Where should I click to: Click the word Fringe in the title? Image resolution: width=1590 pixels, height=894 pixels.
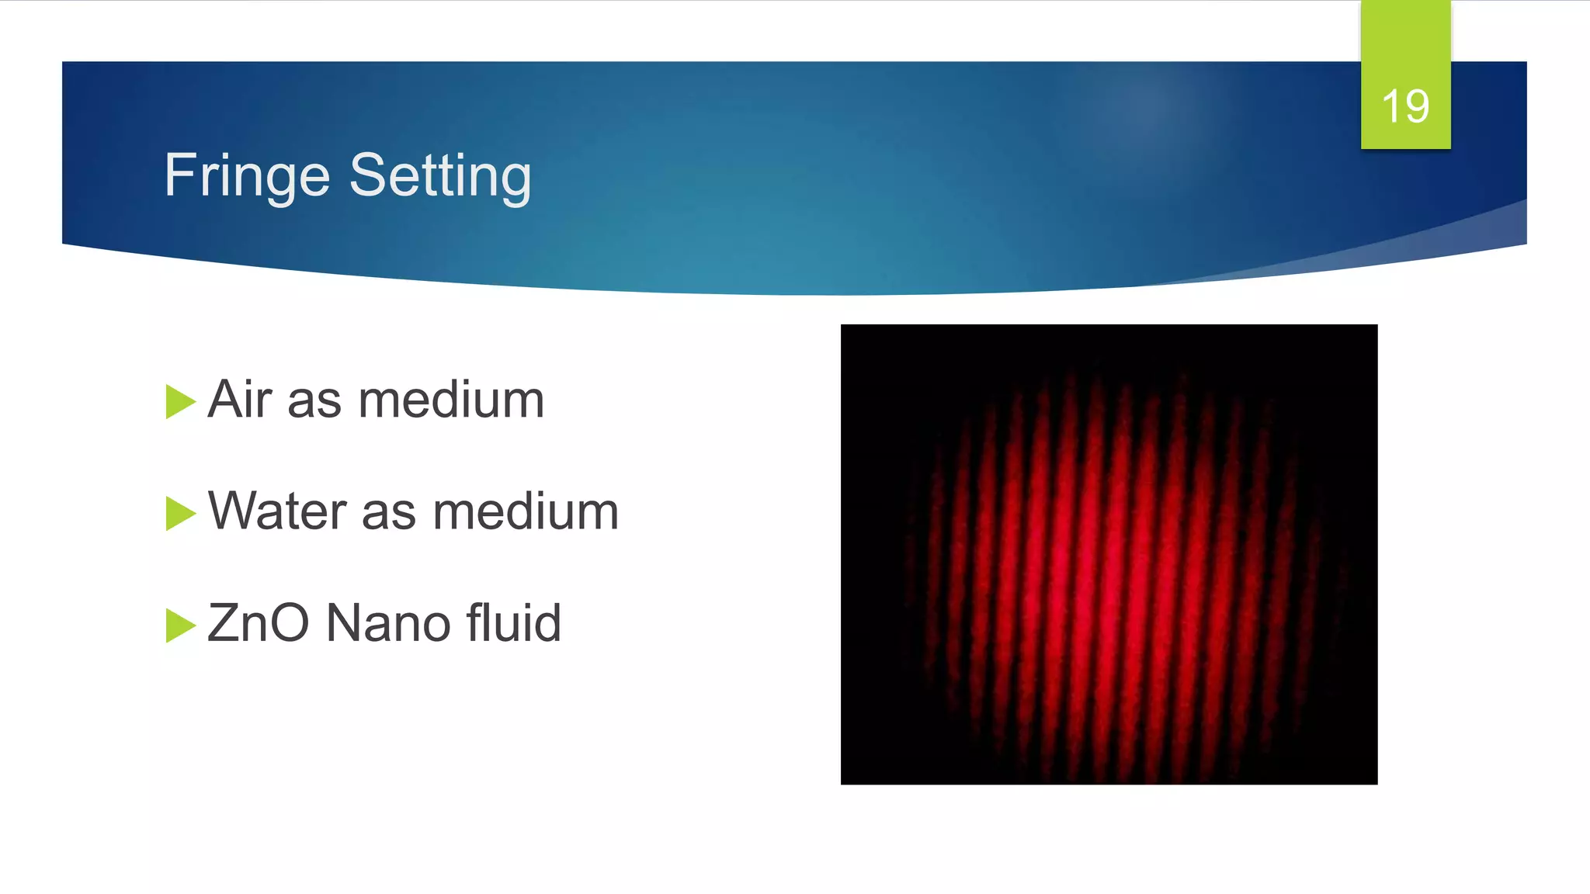point(247,177)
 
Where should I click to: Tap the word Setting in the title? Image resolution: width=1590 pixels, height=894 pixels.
point(440,175)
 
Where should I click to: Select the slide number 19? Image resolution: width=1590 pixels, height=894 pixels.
point(1405,106)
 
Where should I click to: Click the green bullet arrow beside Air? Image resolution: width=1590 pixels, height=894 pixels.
point(179,402)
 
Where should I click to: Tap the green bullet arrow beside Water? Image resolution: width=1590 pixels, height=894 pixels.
point(179,514)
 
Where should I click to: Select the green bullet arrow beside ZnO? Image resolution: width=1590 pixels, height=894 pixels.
point(179,625)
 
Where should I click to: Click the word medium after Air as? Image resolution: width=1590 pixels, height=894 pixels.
point(451,400)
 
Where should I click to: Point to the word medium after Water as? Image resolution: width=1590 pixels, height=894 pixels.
point(526,512)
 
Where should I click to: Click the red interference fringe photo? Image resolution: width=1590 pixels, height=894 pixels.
point(1109,554)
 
